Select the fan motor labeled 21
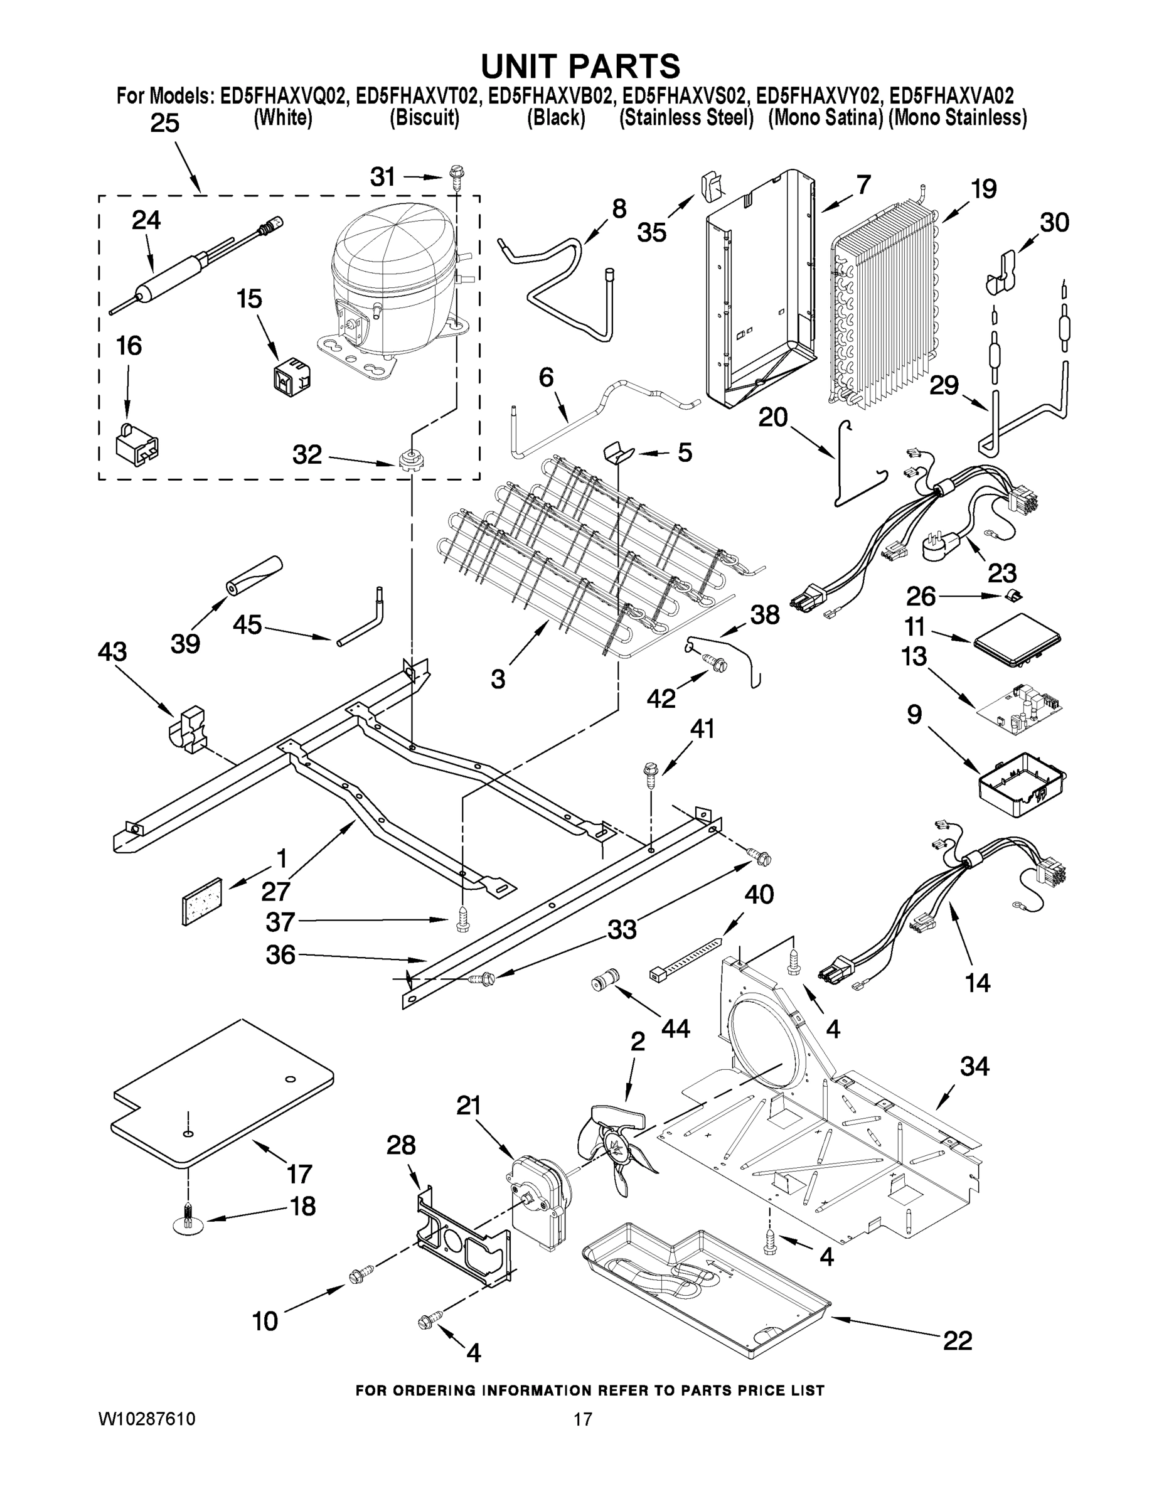point(539,1199)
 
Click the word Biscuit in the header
point(424,119)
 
